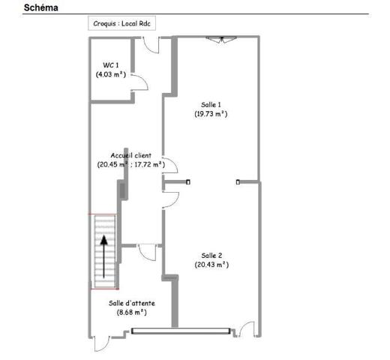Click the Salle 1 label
[211, 104]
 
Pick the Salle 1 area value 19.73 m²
[211, 114]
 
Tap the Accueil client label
[130, 155]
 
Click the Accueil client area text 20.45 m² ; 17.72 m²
[130, 165]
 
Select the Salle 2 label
[211, 255]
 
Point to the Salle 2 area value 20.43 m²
[211, 265]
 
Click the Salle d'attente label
[132, 303]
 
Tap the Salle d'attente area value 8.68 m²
[132, 313]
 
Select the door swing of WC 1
[139, 82]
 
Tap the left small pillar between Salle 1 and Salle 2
[188, 181]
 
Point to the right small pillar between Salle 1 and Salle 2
[238, 181]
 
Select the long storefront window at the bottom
[180, 330]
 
